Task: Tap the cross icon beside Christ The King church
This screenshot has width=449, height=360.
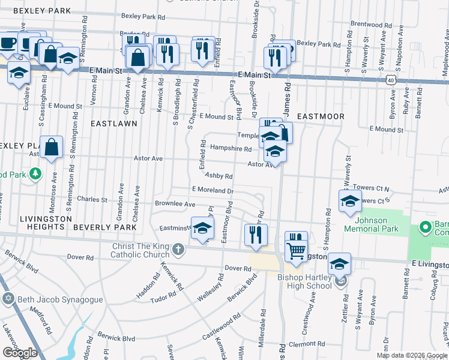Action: pos(178,248)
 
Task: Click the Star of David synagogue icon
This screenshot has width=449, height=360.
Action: pos(8,299)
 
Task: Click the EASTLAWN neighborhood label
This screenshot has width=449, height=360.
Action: pos(113,123)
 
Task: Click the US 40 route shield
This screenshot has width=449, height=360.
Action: pos(391,79)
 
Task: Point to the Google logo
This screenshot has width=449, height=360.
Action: pos(20,352)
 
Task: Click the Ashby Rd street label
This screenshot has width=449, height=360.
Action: pos(218,176)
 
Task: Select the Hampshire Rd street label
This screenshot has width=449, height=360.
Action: pos(231,148)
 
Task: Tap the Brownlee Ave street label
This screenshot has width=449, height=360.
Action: pos(175,204)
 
